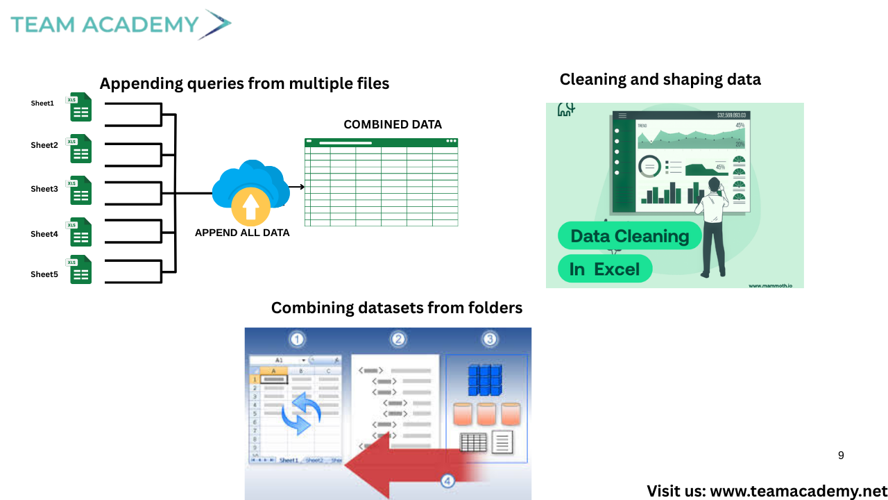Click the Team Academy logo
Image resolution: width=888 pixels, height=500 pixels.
tap(120, 24)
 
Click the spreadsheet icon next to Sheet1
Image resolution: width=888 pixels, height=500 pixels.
tap(80, 107)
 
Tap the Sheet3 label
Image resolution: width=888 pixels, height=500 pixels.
tap(44, 189)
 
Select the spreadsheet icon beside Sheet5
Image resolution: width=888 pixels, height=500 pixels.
tap(80, 269)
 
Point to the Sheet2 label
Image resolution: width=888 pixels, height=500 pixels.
tap(44, 145)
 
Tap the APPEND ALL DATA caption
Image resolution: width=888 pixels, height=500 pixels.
tap(242, 233)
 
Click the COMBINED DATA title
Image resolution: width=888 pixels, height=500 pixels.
tap(393, 125)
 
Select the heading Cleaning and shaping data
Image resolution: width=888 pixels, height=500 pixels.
tap(660, 79)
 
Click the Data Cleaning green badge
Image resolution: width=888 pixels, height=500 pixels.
tap(629, 236)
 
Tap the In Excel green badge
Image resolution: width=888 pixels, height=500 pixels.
tap(604, 269)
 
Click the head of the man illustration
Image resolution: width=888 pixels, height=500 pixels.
tap(714, 185)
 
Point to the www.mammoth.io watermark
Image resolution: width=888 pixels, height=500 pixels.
tap(774, 285)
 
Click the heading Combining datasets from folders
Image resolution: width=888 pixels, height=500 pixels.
tap(396, 308)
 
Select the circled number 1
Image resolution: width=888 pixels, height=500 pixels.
tap(298, 340)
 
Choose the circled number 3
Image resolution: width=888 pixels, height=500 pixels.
tap(490, 340)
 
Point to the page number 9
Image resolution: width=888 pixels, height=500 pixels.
tap(841, 456)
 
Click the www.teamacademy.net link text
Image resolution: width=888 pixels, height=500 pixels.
tap(799, 491)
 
